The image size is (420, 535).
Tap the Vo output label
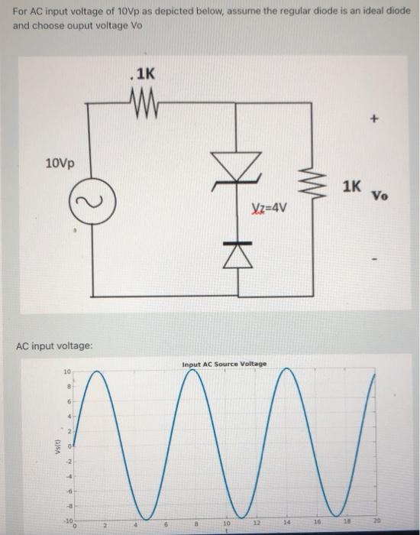pos(380,195)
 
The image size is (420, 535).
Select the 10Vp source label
pos(60,164)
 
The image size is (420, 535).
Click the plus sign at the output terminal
pos(374,119)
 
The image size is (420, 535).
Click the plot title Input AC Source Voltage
pos(225,365)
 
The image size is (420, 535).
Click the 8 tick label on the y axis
pos(68,387)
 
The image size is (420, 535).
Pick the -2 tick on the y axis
pos(66,460)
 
